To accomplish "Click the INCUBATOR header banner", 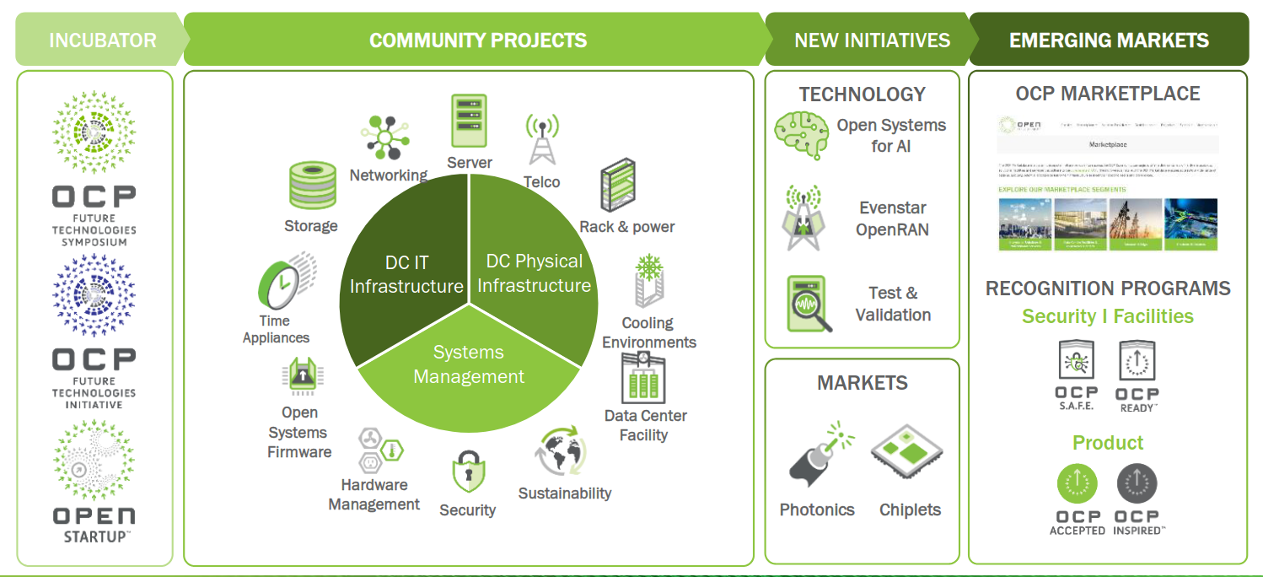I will [x=101, y=40].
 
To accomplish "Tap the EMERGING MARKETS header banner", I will [x=1108, y=40].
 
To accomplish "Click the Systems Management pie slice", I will [x=469, y=371].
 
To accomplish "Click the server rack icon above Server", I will [x=469, y=122].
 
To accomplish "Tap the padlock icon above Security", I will [x=467, y=471].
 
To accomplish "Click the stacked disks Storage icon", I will [x=312, y=185].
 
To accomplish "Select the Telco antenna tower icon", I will [x=542, y=139].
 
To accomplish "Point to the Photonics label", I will [x=816, y=510].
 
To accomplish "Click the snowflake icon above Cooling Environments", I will [x=649, y=274].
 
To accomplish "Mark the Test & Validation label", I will [x=893, y=304].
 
